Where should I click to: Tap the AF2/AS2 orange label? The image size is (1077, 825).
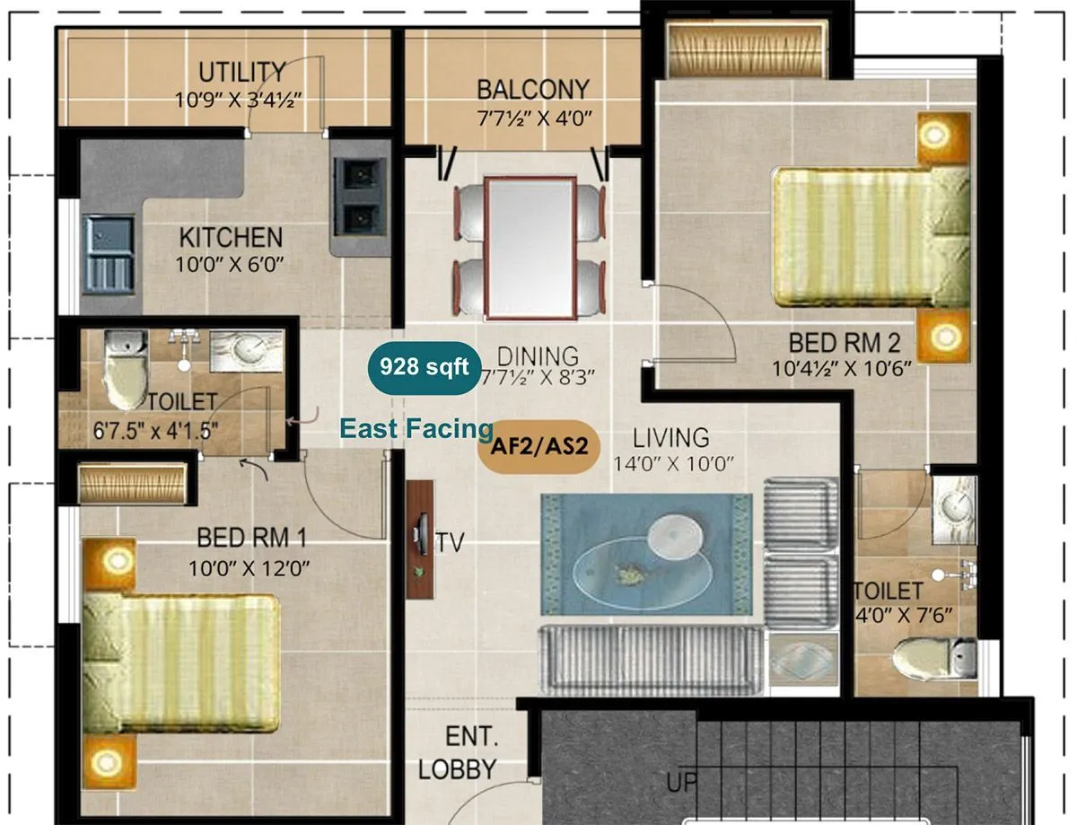[539, 444]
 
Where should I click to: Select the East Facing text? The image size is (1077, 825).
[416, 429]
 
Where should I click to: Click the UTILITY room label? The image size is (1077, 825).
[241, 72]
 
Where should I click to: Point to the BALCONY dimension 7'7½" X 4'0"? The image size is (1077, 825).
[533, 118]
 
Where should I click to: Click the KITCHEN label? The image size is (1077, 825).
[231, 238]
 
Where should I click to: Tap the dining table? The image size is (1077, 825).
[530, 248]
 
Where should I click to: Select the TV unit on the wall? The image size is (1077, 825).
[419, 539]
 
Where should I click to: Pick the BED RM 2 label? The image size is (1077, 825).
[844, 343]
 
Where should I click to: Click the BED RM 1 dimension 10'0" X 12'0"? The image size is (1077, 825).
[250, 567]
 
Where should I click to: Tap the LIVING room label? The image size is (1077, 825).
[670, 438]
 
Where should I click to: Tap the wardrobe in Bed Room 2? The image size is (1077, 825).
[747, 52]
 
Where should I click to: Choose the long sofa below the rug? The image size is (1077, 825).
[650, 659]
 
